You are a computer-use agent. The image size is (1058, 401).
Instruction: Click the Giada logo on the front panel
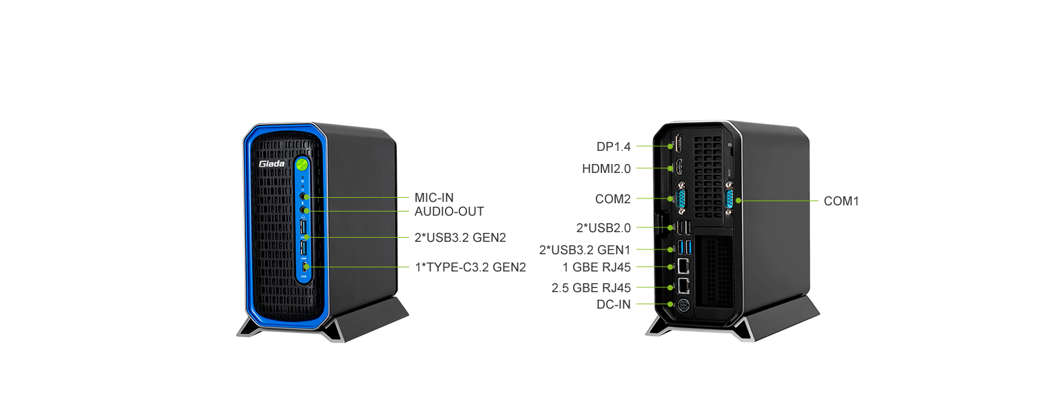(x=272, y=164)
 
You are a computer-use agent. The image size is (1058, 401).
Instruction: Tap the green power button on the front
(x=302, y=165)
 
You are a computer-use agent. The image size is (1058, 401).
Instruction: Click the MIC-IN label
(x=434, y=198)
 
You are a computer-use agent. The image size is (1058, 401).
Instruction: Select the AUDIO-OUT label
(x=449, y=212)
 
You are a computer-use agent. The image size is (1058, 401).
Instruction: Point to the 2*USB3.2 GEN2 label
(x=460, y=238)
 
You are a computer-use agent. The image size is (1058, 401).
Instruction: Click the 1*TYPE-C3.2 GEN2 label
(x=470, y=267)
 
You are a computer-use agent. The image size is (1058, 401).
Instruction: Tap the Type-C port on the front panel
(x=304, y=267)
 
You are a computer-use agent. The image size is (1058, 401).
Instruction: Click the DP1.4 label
(x=614, y=147)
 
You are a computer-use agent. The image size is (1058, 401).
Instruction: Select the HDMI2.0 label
(x=606, y=168)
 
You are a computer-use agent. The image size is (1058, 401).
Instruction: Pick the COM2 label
(x=613, y=199)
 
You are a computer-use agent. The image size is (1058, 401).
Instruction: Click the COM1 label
(x=842, y=201)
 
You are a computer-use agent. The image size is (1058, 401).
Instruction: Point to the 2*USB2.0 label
(x=603, y=227)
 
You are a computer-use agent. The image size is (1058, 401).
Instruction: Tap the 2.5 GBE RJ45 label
(x=591, y=287)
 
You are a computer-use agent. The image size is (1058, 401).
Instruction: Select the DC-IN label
(x=613, y=305)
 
